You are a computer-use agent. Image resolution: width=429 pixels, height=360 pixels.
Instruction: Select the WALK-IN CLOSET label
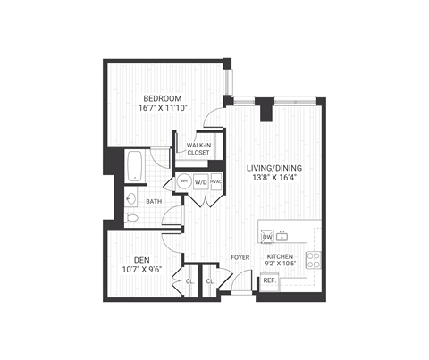198,148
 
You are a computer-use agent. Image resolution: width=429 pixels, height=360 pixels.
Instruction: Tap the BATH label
154,202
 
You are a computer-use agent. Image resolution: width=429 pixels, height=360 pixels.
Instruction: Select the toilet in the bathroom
130,216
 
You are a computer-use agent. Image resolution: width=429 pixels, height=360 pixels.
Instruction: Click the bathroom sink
130,198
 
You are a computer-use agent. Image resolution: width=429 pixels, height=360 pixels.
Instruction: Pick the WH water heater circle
183,180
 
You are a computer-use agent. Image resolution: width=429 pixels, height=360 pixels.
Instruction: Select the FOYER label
240,256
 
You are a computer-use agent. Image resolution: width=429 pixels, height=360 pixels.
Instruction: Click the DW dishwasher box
267,237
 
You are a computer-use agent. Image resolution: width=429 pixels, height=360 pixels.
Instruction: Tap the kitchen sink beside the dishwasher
282,236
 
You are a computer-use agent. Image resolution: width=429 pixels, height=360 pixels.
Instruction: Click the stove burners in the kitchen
314,259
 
